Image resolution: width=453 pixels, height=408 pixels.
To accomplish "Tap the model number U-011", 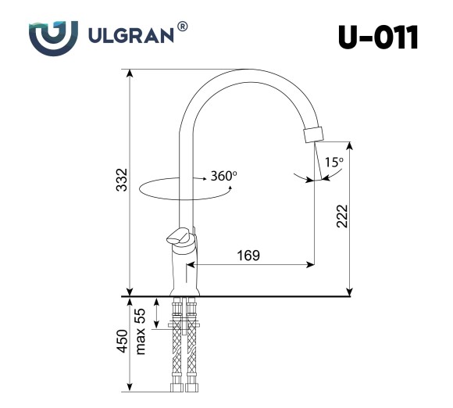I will click(379, 37).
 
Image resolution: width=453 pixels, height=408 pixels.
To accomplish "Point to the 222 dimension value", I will click(341, 217).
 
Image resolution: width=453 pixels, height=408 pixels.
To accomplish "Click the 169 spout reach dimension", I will click(248, 256).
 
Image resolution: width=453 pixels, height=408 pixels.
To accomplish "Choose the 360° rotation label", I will click(223, 176).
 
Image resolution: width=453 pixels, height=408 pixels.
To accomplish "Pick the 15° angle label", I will click(334, 163).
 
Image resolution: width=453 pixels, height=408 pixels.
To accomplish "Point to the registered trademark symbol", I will click(182, 27).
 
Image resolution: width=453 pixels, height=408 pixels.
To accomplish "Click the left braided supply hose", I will click(175, 352).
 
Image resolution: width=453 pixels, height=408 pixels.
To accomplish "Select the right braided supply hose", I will click(191, 352).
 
